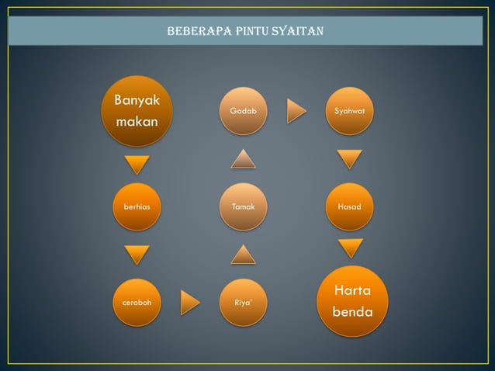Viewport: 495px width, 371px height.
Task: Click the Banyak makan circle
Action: (x=137, y=111)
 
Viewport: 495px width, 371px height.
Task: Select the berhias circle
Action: (x=137, y=206)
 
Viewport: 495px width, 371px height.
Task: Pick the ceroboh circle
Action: (x=137, y=302)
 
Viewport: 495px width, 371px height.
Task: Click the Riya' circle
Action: (x=243, y=302)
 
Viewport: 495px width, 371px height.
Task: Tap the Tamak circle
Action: (x=243, y=206)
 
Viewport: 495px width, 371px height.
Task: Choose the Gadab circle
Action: (x=243, y=111)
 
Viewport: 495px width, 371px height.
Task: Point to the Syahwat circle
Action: (x=349, y=111)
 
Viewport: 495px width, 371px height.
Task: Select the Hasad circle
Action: (x=349, y=206)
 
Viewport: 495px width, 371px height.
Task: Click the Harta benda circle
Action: (x=352, y=301)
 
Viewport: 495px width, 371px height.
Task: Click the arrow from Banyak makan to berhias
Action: (x=137, y=165)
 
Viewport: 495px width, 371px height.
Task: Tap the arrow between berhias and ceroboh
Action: (x=137, y=255)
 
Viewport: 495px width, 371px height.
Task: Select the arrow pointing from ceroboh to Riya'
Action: (x=190, y=302)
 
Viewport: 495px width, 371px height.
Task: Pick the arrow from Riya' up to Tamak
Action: (x=243, y=255)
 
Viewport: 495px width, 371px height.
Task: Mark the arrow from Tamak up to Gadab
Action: (x=243, y=158)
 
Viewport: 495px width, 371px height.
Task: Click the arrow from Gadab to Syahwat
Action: (x=296, y=111)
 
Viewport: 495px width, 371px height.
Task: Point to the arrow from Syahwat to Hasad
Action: (x=349, y=159)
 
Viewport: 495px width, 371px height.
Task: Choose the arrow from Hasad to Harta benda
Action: (x=350, y=248)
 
